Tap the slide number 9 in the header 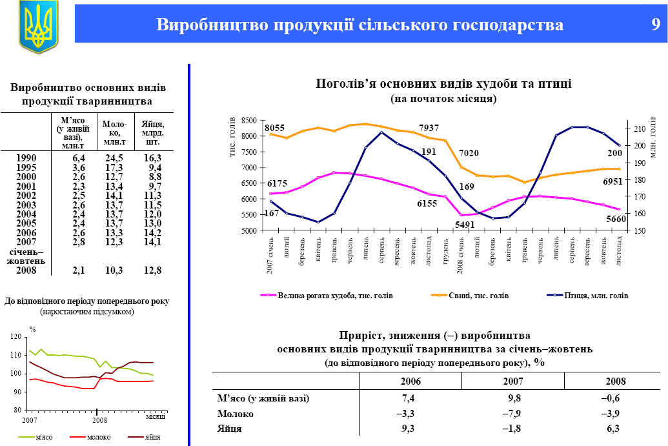654,25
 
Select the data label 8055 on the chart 275,128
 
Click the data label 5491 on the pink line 464,225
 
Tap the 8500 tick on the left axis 249,121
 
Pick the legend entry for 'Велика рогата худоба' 327,296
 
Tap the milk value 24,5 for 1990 114,158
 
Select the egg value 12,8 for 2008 152,270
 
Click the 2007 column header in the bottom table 512,381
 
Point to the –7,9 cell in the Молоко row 512,413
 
